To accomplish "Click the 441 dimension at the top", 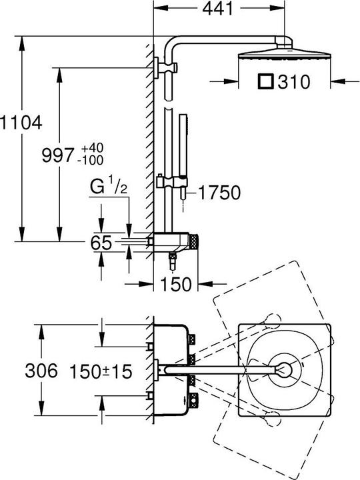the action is click(217, 9).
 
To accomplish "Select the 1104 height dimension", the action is click(21, 123).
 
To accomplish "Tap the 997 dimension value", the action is click(58, 155).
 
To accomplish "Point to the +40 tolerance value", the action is click(92, 148).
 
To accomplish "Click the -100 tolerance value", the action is click(92, 160).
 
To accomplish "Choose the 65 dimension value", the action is click(101, 243).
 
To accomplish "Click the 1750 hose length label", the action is click(219, 193).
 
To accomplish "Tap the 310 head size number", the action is click(293, 82).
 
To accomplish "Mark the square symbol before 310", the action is click(265, 81).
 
